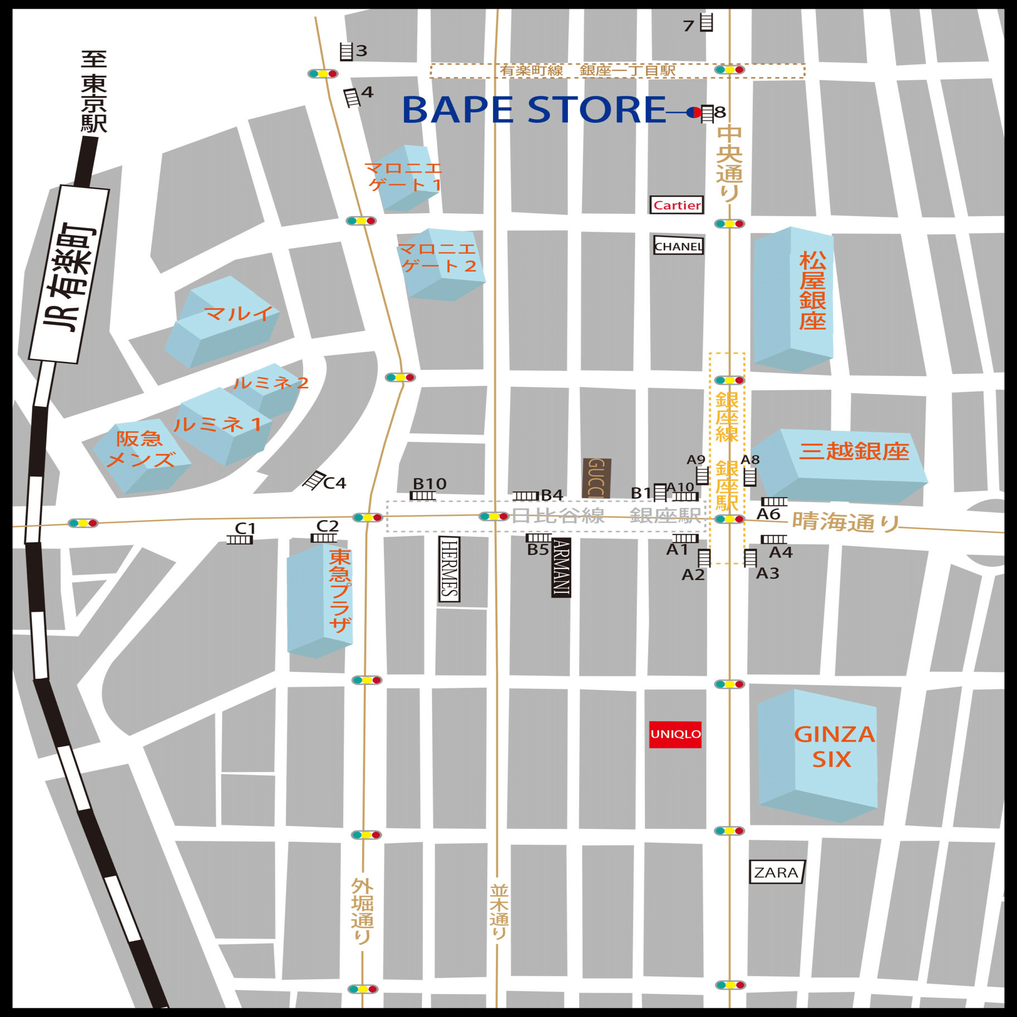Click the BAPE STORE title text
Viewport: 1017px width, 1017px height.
click(x=533, y=110)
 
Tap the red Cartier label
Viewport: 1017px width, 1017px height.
click(x=677, y=205)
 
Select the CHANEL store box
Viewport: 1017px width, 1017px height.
click(x=678, y=246)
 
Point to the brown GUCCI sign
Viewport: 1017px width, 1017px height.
click(x=596, y=478)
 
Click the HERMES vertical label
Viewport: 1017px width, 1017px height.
click(x=449, y=568)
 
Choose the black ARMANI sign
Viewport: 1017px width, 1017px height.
click(x=561, y=567)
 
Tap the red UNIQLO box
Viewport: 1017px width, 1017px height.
click(x=675, y=734)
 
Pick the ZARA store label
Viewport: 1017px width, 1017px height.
click(x=776, y=872)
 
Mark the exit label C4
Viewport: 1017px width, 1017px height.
click(x=335, y=483)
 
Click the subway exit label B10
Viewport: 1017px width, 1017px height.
click(x=430, y=483)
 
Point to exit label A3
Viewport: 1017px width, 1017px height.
click(x=767, y=573)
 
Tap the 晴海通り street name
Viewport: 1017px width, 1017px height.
click(x=845, y=522)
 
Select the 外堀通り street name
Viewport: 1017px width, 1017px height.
click(x=362, y=911)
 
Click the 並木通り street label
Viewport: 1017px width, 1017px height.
click(x=499, y=911)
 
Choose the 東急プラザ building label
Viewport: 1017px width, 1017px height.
click(x=339, y=591)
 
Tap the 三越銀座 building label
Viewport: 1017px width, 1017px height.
click(x=854, y=451)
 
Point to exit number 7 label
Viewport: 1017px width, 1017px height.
click(x=688, y=26)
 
